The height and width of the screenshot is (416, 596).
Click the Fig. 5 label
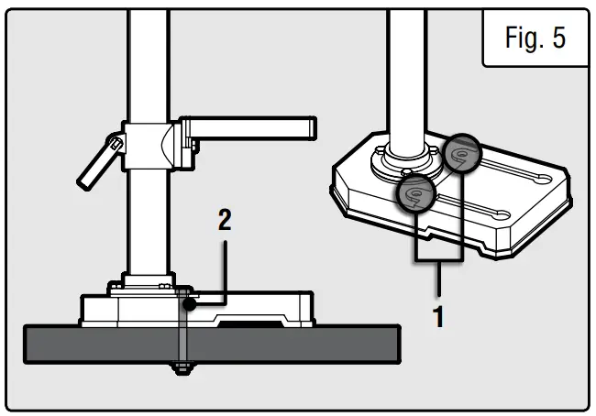click(536, 38)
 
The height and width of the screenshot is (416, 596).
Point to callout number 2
click(226, 220)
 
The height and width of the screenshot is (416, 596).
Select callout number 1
click(439, 316)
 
